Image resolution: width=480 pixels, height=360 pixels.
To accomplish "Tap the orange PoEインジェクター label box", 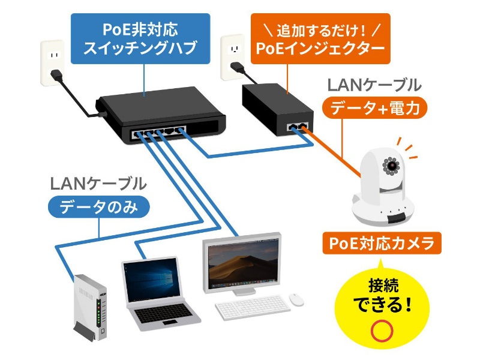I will point(319,38).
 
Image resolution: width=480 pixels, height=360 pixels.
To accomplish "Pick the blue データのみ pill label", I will point(98,207).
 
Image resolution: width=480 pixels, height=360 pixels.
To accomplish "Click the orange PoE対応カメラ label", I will point(382,244).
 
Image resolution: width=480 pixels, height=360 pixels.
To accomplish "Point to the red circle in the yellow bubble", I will point(382,331).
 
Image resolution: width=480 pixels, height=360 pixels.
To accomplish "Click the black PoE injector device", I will point(277,110).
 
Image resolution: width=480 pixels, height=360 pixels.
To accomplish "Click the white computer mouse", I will point(296,298).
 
